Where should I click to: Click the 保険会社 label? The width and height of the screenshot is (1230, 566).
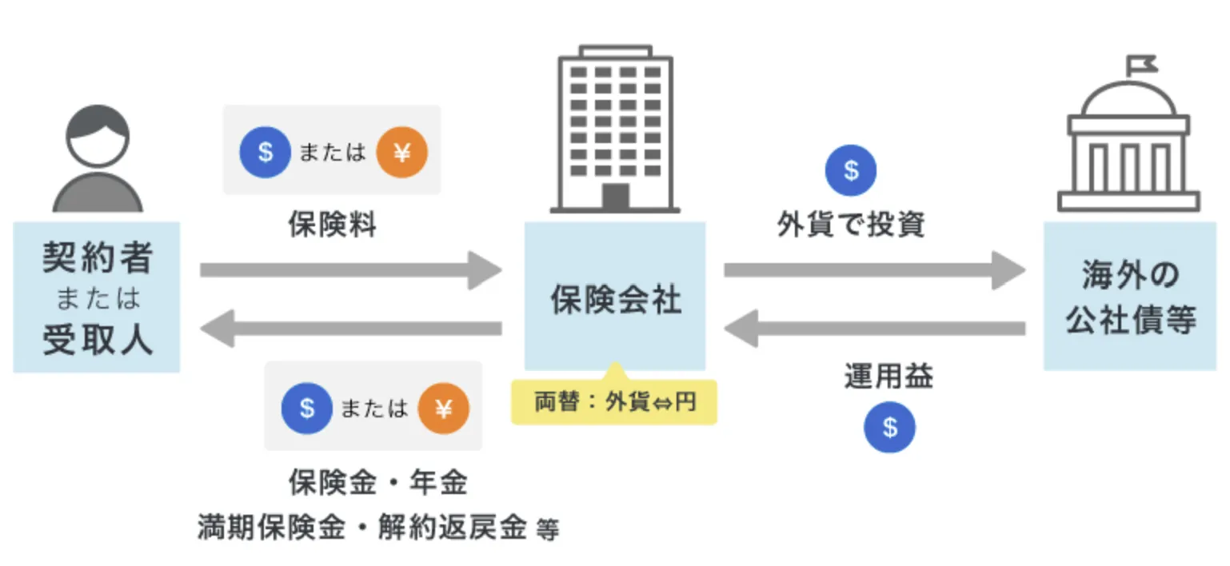coord(615,300)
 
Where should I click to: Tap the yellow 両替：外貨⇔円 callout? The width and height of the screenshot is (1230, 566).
coord(614,401)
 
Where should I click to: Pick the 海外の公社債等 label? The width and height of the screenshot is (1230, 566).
coord(1130,297)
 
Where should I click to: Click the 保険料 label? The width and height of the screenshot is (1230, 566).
coord(332,225)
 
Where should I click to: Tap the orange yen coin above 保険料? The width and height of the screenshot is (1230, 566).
coord(401,151)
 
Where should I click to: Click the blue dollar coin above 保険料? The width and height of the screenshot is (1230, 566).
coord(266,151)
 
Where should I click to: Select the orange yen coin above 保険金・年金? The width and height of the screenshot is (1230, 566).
coord(443,409)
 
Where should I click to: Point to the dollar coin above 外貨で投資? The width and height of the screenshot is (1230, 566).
coord(851,170)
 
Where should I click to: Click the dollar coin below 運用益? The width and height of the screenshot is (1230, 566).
coord(889,427)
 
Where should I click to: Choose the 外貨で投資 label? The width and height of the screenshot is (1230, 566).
coord(851,225)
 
